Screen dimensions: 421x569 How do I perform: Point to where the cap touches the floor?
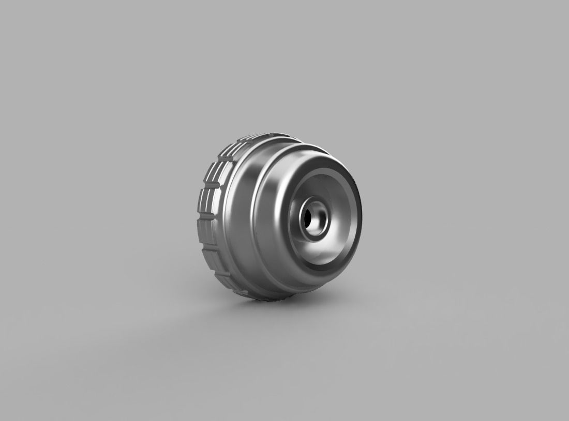(264, 299)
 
